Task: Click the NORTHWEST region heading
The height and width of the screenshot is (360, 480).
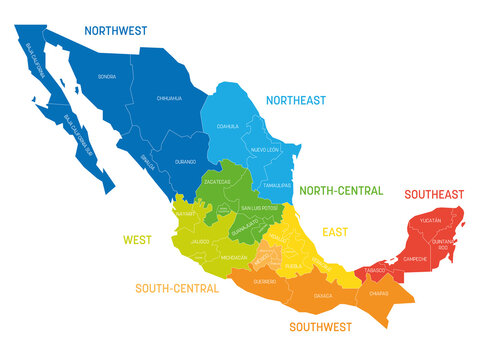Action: (x=115, y=31)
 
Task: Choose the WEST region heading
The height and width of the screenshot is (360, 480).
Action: (x=136, y=240)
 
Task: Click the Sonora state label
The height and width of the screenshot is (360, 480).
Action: (x=108, y=77)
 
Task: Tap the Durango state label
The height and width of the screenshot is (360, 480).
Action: (x=185, y=160)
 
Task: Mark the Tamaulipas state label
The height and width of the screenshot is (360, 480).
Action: (x=278, y=186)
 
